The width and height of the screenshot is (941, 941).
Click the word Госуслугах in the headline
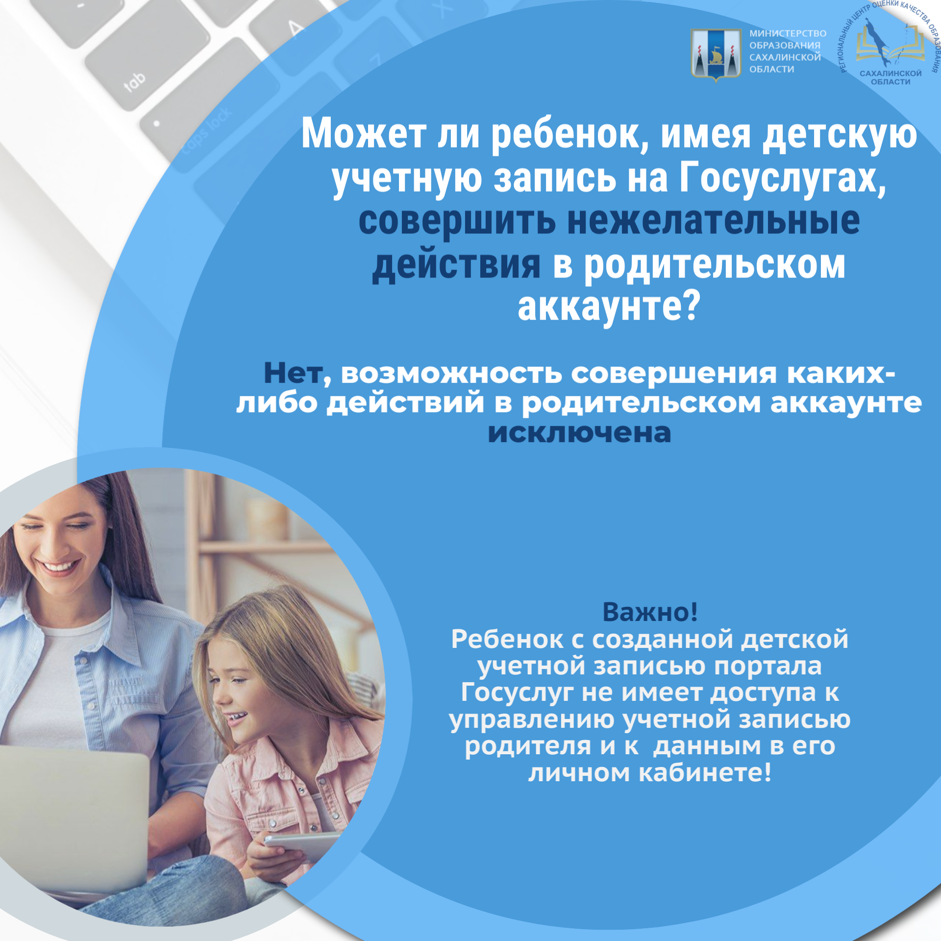point(783,178)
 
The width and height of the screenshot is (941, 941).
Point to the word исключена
point(579,433)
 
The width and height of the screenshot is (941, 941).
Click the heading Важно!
point(650,612)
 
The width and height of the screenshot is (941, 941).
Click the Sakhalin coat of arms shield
point(716,54)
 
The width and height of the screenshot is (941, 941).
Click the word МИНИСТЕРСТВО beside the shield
point(788,34)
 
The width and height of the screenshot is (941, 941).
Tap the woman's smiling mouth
point(60,567)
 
